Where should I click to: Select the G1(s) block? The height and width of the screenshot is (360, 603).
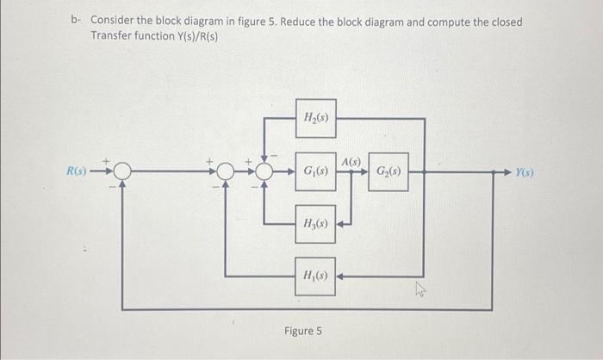[x=314, y=171]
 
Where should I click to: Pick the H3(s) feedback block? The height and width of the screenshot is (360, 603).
[x=314, y=224]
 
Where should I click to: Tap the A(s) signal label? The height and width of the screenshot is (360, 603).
[x=351, y=161]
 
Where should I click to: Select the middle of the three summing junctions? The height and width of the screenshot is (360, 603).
[x=226, y=171]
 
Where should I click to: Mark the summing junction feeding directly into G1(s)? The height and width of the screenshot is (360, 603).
[x=264, y=171]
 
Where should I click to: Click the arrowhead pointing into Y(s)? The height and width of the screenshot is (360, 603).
[x=507, y=171]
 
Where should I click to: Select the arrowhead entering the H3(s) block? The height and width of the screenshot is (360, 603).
[x=341, y=225]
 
